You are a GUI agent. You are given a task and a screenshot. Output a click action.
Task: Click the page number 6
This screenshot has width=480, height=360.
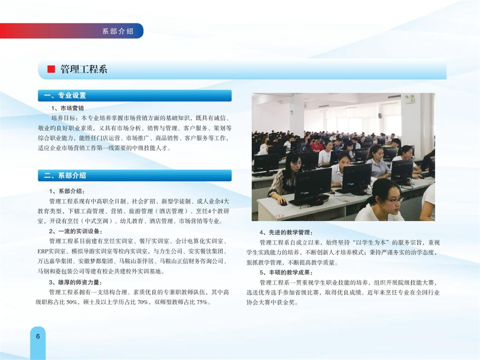[x=38, y=336]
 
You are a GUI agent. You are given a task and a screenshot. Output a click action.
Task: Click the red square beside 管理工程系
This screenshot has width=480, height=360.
[x=51, y=69]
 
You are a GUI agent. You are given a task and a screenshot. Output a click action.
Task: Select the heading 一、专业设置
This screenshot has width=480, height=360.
[x=65, y=96]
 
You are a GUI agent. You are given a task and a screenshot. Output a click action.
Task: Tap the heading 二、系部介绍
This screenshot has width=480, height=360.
[x=65, y=176]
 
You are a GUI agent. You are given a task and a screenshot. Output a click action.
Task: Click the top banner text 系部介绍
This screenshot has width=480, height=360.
[x=118, y=31]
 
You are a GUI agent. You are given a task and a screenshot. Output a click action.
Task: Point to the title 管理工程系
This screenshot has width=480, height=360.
[x=84, y=69]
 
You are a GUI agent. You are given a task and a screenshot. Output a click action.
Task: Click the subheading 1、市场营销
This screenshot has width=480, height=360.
[x=68, y=108]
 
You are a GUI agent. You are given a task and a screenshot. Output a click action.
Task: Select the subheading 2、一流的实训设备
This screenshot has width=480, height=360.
[x=76, y=232]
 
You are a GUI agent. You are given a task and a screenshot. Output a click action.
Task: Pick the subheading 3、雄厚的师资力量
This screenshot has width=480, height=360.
[x=76, y=282]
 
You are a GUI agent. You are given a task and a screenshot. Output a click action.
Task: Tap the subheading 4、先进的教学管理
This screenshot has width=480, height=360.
[x=286, y=232]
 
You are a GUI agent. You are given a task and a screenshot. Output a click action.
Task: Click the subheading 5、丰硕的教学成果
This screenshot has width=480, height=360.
[x=286, y=272]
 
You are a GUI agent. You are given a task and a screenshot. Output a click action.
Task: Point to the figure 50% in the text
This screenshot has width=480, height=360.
[x=72, y=302]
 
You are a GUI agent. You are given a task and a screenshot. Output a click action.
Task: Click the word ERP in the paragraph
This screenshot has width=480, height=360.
[x=42, y=252]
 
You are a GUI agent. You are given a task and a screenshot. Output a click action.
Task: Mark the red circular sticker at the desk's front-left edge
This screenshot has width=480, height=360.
[x=279, y=216]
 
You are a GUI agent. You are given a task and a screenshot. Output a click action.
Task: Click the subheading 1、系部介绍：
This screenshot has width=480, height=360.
[x=67, y=191]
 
